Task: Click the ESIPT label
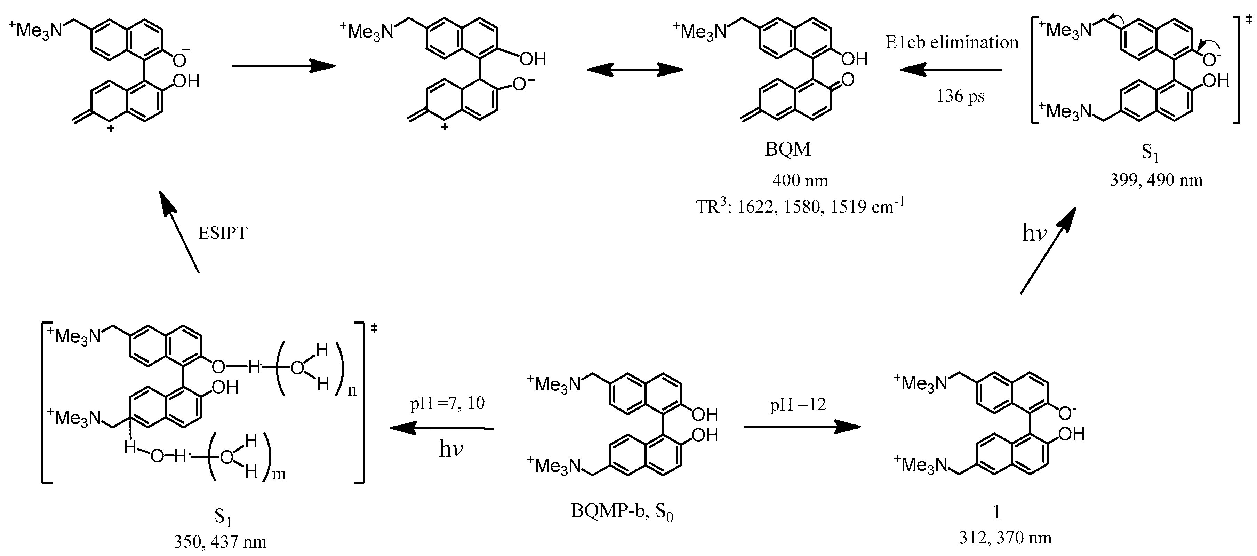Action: [x=223, y=233]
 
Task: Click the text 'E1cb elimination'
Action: [x=952, y=43]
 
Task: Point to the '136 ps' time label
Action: [x=960, y=96]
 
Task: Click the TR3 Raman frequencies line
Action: [x=800, y=207]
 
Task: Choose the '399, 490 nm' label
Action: [x=1156, y=181]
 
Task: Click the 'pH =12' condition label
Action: [x=798, y=405]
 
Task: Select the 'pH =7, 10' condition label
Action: [x=448, y=404]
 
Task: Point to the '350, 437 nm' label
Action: [x=220, y=542]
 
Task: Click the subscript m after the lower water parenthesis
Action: [x=279, y=474]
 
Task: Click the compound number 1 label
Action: [x=997, y=511]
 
